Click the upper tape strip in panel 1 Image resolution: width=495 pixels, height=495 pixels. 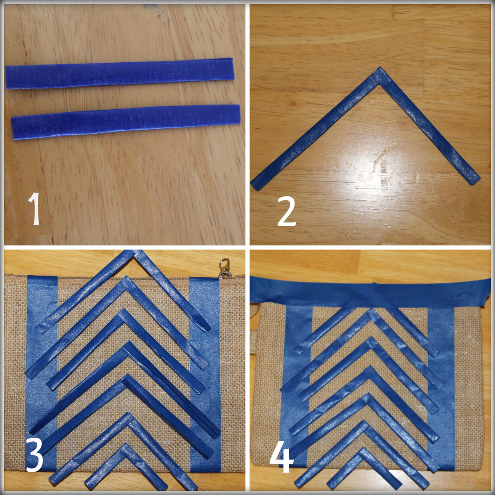click(x=120, y=73)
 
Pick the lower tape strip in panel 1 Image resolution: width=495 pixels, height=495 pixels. click(x=126, y=122)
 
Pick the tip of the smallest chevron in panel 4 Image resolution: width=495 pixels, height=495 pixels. click(x=362, y=452)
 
